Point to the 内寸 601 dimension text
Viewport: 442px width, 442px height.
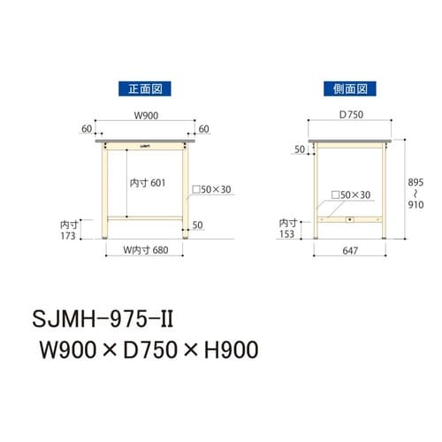coord(148,182)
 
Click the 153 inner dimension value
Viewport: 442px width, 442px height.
coord(287,234)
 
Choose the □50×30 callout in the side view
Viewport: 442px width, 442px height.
coord(350,194)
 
